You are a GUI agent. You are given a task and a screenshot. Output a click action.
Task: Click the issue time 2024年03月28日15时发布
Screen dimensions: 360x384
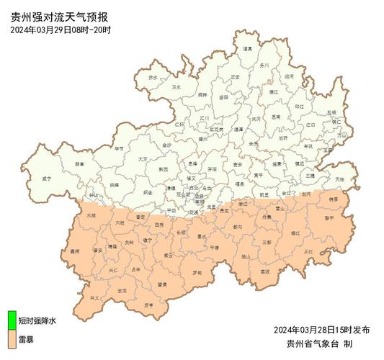point(321,329)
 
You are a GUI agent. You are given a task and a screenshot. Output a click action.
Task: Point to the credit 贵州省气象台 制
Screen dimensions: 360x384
point(318,343)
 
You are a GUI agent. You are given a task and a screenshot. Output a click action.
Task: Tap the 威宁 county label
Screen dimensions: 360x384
point(48,177)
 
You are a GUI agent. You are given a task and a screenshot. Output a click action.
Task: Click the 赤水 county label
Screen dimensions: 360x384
point(153,77)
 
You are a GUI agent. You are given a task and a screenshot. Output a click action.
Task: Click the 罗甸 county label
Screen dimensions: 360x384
point(197,272)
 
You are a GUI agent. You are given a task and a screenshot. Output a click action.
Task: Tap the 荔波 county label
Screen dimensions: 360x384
point(264,271)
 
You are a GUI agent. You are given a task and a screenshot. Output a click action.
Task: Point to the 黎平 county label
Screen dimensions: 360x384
point(329,217)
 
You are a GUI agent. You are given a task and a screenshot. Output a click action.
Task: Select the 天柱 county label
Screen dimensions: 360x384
point(339,178)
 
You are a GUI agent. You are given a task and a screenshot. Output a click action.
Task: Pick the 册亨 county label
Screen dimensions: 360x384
point(148,305)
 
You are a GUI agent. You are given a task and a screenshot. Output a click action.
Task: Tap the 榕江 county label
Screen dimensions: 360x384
point(295,233)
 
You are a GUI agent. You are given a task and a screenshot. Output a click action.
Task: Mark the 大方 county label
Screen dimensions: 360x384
point(142,158)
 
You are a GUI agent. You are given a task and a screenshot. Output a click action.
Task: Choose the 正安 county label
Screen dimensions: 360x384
point(235,76)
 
